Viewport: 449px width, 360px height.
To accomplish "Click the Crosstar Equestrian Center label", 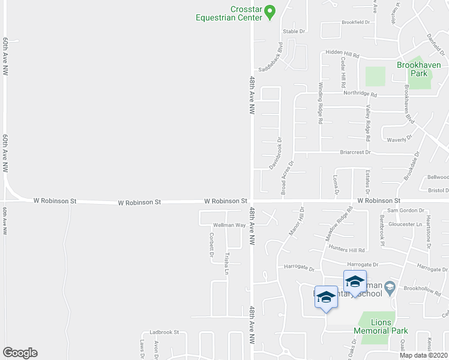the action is pos(230,13).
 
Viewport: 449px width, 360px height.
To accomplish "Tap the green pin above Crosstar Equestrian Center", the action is pos(270,11).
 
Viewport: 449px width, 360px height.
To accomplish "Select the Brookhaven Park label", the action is pos(418,69).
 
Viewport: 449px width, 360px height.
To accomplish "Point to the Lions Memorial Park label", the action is pos(381,326).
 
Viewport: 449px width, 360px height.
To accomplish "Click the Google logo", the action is pos(20,353).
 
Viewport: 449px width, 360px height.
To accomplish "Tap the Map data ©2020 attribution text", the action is pos(424,355).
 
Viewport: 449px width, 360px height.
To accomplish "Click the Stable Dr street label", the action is pos(294,31).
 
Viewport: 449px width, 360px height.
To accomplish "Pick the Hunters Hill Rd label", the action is pos(349,250).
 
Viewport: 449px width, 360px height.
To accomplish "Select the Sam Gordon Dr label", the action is pos(402,210).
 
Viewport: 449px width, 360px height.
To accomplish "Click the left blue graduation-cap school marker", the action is pos(326,297).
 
